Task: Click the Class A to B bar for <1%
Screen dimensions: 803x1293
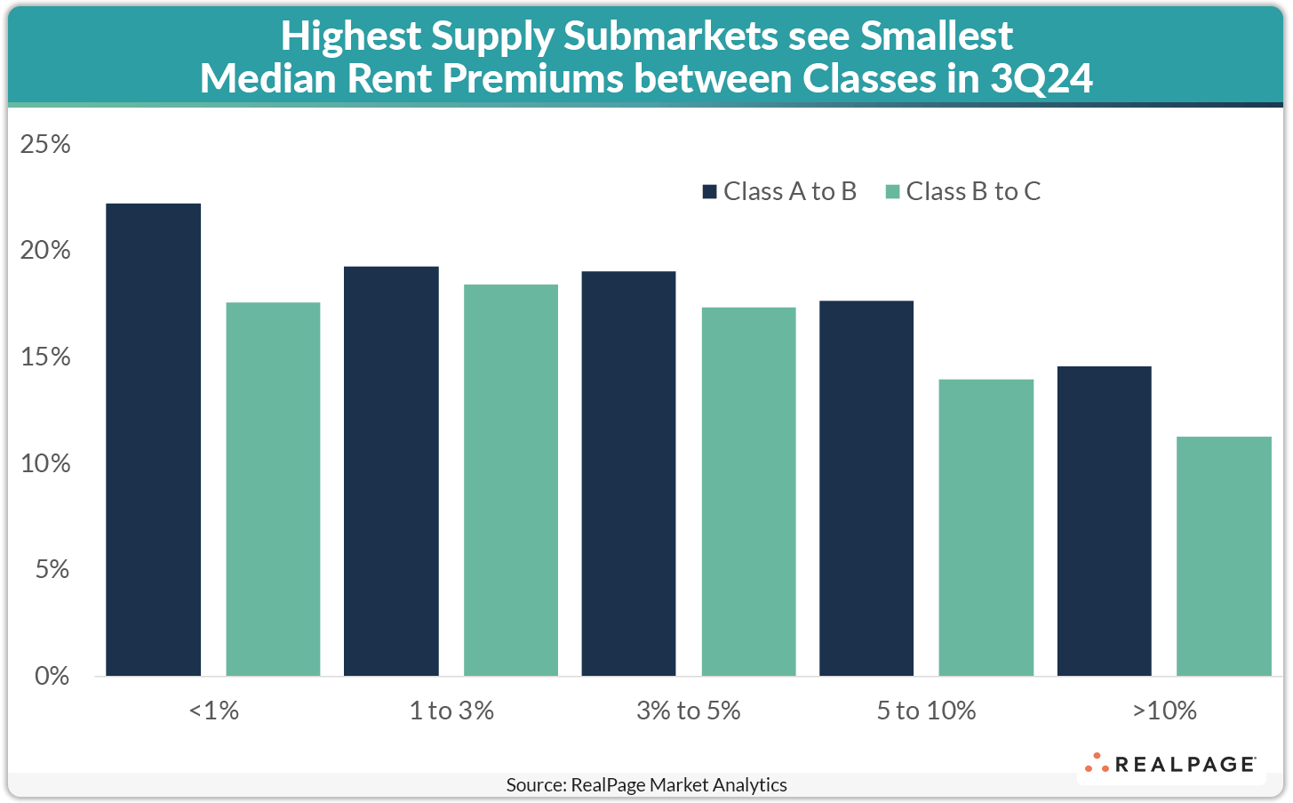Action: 153,440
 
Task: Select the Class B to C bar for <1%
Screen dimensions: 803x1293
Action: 273,489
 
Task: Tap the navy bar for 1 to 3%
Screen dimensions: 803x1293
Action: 391,471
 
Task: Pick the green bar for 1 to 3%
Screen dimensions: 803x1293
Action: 511,480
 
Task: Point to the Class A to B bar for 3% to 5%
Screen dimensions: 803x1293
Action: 628,474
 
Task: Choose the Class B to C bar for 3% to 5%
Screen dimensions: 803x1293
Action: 748,492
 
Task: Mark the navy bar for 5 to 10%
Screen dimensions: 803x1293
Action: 866,489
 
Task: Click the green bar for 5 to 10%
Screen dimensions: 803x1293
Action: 986,528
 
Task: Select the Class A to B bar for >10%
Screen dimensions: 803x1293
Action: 1104,521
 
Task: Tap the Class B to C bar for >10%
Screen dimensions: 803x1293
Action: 1224,557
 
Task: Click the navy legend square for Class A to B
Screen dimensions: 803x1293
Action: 710,192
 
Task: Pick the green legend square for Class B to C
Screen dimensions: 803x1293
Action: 892,192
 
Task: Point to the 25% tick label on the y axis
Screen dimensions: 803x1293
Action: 45,144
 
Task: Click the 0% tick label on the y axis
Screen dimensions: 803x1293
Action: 52,676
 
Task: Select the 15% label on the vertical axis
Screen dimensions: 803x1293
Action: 45,357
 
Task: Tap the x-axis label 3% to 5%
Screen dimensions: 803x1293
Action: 688,711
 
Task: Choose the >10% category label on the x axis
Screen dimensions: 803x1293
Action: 1164,711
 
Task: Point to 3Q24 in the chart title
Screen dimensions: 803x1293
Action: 1041,79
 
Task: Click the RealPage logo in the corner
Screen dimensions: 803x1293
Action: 1170,764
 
